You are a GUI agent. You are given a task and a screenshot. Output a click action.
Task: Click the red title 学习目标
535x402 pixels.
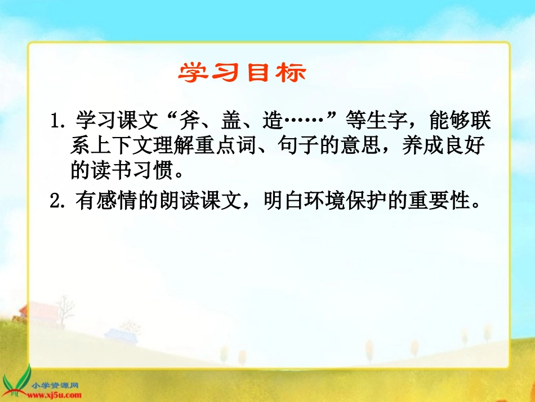click(x=243, y=73)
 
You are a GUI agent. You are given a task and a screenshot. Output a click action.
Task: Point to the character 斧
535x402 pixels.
click(x=193, y=120)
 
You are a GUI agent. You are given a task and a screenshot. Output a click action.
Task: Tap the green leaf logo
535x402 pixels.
click(x=17, y=378)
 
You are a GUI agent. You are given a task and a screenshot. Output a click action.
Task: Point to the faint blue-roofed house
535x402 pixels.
click(x=120, y=334)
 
